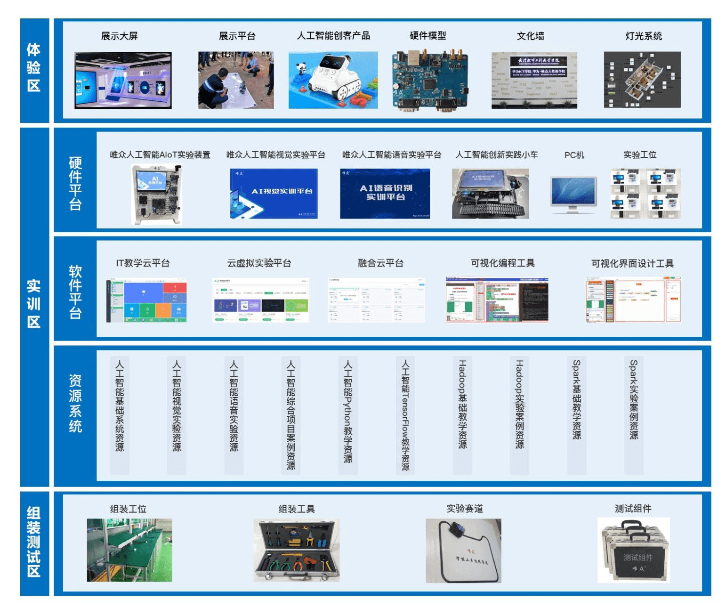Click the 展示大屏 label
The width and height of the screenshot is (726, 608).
(119, 36)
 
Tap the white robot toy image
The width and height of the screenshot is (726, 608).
(333, 80)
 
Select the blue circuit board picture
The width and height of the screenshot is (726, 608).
(430, 81)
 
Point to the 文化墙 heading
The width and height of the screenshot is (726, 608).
(530, 36)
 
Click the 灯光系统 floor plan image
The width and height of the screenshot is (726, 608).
(642, 80)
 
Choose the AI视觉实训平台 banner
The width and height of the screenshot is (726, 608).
(274, 193)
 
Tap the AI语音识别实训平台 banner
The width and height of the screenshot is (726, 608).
(385, 193)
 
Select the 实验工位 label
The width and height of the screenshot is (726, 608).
(639, 155)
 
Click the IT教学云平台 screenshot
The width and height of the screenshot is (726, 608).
(146, 300)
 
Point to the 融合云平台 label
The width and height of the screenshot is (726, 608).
(380, 263)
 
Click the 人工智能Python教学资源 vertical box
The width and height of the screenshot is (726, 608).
(348, 414)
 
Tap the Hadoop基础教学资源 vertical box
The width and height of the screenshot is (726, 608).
(462, 414)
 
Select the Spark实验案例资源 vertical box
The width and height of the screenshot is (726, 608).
(634, 414)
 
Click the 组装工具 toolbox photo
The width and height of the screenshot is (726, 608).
(296, 550)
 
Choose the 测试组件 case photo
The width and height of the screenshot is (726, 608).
(633, 550)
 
